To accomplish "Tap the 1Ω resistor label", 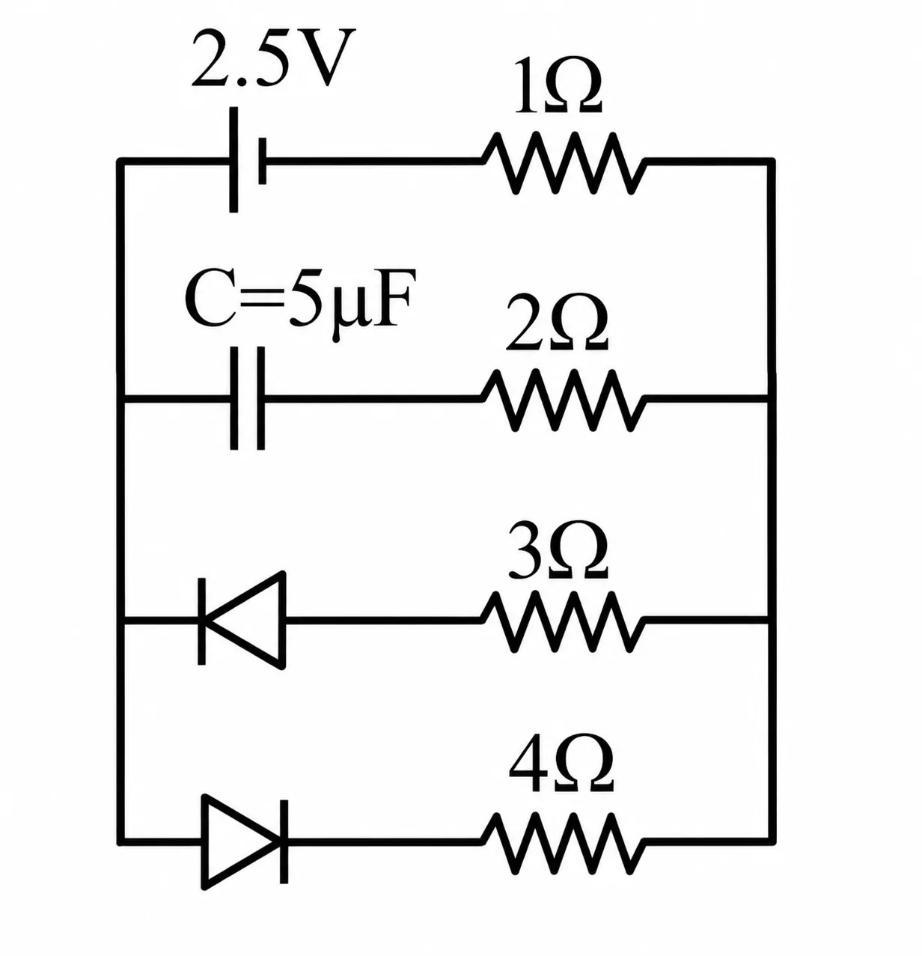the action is point(559,86).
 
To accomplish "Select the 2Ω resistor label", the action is point(558,322).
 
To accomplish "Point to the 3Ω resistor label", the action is point(559,551).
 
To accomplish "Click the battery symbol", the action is point(248,160).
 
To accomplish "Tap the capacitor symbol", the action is point(248,398).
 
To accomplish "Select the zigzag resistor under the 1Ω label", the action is point(563,162).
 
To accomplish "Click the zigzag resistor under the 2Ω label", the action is point(563,400).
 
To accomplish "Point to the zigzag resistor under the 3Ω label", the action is point(563,621).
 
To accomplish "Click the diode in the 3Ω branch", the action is point(242,621).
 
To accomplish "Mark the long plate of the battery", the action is point(233,160).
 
